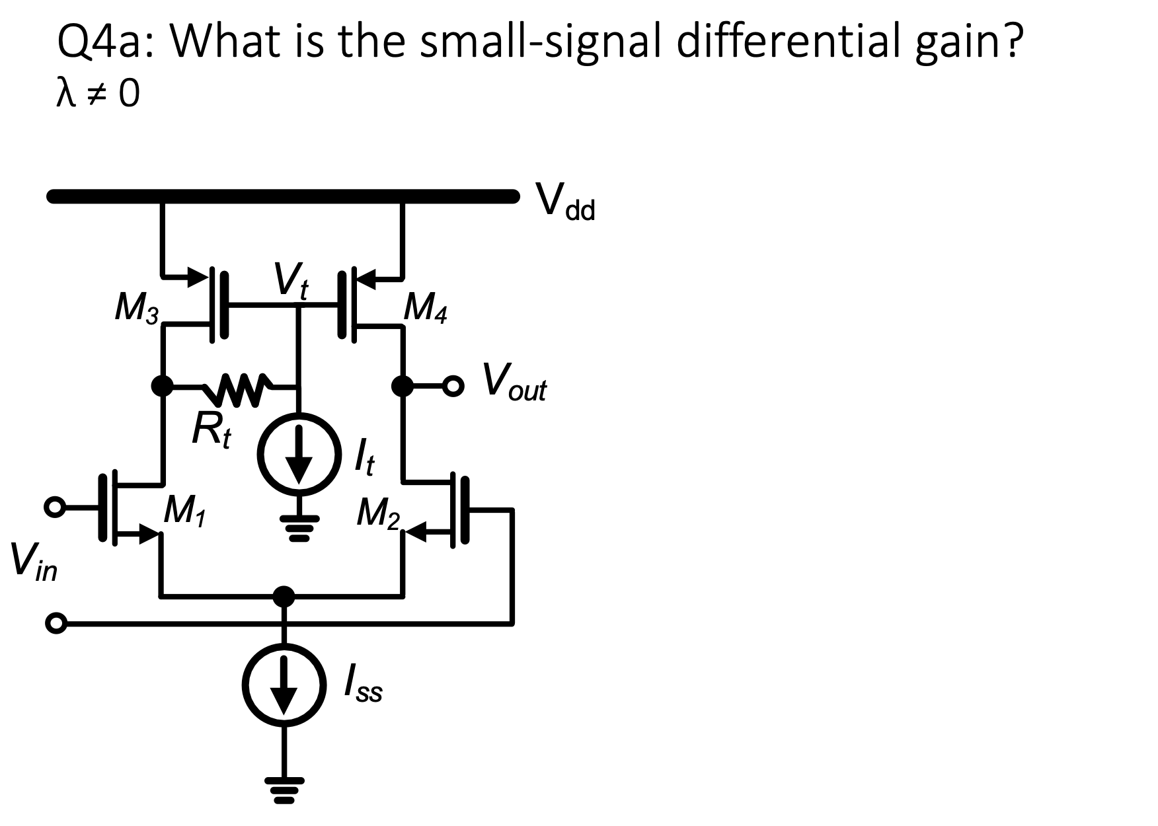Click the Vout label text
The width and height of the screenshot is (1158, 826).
tap(514, 383)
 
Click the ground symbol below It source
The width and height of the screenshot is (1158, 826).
tap(299, 529)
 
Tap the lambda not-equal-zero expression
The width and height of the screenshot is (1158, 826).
tap(98, 96)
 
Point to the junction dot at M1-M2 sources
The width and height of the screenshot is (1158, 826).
tap(284, 596)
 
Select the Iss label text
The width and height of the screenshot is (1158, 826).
tap(363, 687)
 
